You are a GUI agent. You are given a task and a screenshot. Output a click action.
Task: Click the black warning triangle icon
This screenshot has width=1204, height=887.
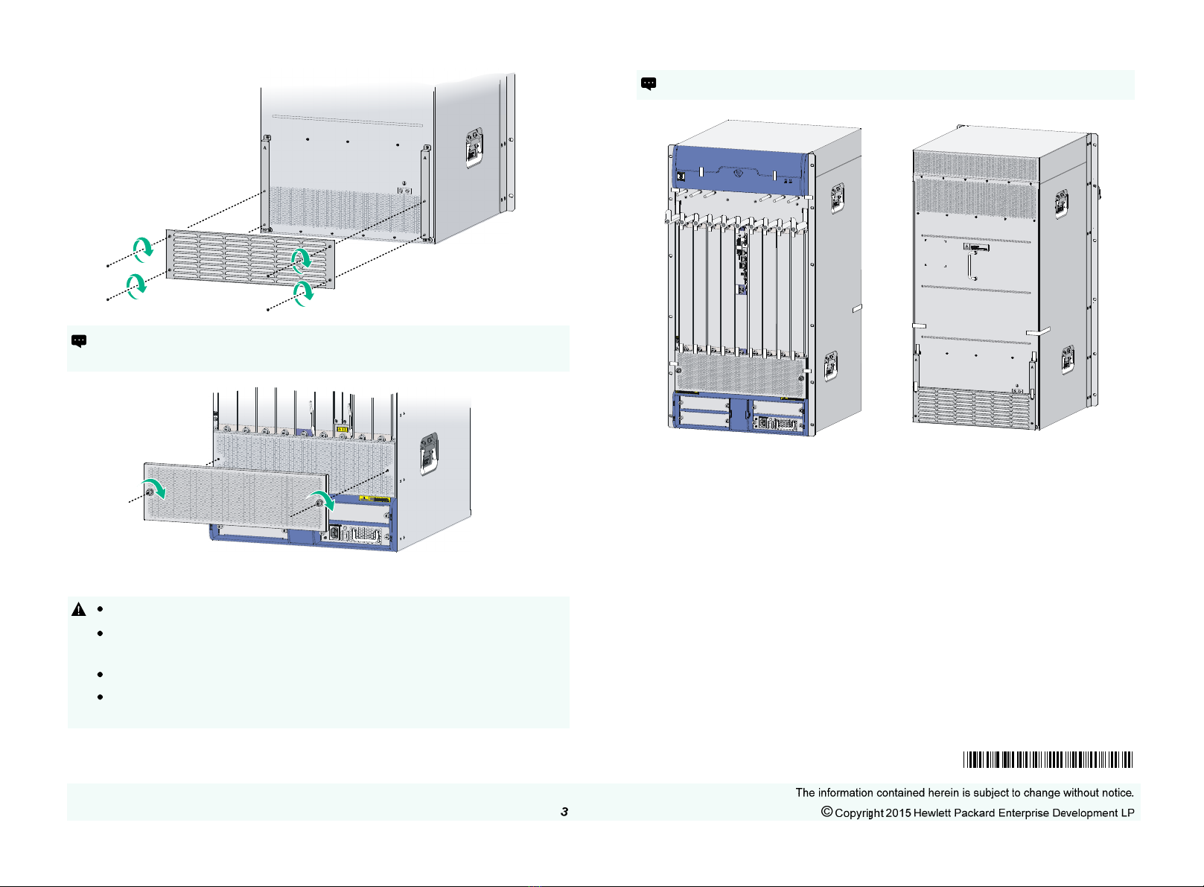coord(78,609)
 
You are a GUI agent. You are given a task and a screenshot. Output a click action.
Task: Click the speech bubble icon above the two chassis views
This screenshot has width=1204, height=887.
coord(649,83)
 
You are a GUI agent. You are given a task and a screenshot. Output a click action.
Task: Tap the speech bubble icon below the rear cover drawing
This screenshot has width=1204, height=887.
coord(78,341)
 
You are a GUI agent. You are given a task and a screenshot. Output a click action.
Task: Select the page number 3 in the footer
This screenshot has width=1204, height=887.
coord(564,812)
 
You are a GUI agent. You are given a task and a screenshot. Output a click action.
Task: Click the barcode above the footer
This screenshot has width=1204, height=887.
coord(1047,760)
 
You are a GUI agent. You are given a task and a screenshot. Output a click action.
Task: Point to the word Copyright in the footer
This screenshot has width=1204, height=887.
coord(859,813)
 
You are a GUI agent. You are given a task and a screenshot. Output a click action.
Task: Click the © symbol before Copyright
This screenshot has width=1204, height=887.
coord(826,812)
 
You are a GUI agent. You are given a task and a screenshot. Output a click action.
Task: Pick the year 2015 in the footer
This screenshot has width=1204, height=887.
coord(898,813)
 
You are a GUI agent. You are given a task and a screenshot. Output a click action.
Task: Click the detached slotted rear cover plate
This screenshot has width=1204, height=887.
coord(249,258)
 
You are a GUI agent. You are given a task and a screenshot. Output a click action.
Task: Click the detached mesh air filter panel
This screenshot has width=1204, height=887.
coord(235,500)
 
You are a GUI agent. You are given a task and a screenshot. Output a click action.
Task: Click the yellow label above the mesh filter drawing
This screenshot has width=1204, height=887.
coord(343,429)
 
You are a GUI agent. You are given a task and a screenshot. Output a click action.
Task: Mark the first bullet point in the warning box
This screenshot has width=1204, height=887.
coord(99,610)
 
